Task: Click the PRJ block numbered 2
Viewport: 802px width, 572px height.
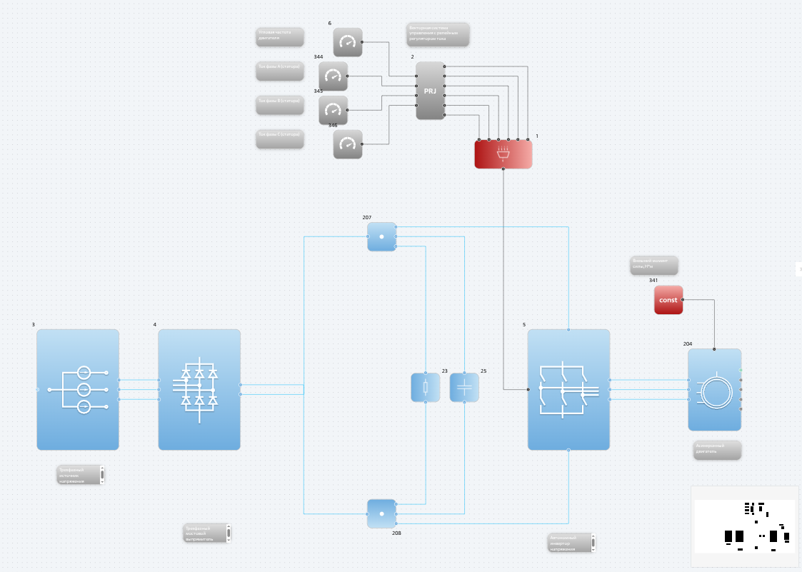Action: (430, 91)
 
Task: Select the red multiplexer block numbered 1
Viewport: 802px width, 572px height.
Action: (503, 154)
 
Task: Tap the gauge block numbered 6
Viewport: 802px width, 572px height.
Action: (348, 42)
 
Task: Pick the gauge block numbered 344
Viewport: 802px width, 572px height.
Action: (333, 76)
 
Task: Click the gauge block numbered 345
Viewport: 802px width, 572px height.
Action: (333, 110)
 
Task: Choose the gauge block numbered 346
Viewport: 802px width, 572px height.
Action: (348, 144)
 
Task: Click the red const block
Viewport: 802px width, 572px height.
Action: (668, 300)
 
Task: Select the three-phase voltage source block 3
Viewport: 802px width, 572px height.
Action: (78, 389)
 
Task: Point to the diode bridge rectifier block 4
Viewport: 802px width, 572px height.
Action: (199, 389)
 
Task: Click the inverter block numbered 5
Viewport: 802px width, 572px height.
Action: (568, 389)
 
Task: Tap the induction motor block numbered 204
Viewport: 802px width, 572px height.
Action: (714, 390)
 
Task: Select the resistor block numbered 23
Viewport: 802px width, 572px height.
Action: (426, 388)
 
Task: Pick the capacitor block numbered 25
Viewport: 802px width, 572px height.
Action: (464, 388)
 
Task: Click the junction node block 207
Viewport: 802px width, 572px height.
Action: (381, 236)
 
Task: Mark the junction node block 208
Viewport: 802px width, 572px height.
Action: (381, 513)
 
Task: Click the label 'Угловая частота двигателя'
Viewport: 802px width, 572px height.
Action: (280, 36)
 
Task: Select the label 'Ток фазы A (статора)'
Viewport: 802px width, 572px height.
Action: (280, 71)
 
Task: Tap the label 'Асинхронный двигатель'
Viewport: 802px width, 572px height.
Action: (717, 450)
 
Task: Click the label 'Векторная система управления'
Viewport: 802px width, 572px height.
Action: (438, 34)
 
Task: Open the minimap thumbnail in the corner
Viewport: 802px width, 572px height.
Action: (744, 526)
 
